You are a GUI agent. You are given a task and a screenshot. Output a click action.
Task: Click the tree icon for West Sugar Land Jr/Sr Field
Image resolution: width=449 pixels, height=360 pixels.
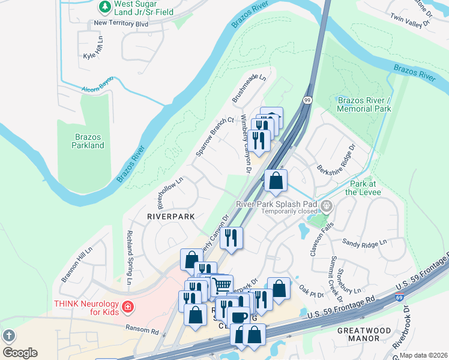[105, 7]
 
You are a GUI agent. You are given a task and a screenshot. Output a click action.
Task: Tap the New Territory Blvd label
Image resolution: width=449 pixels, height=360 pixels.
[121, 23]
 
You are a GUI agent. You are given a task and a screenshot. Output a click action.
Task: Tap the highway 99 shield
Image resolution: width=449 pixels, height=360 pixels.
[307, 100]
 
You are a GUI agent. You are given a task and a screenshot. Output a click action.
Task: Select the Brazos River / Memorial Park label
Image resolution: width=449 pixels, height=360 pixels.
[364, 104]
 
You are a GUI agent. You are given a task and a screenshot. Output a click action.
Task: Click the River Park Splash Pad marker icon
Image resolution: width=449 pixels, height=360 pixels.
[327, 207]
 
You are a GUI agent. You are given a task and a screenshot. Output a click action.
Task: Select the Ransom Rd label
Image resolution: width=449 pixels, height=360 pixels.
[142, 329]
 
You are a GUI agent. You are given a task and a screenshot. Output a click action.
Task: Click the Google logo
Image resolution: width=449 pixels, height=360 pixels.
[20, 352]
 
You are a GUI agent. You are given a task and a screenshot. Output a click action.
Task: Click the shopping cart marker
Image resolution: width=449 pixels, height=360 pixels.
[221, 284]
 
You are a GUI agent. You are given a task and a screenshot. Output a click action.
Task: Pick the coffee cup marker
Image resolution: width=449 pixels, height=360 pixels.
[238, 316]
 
